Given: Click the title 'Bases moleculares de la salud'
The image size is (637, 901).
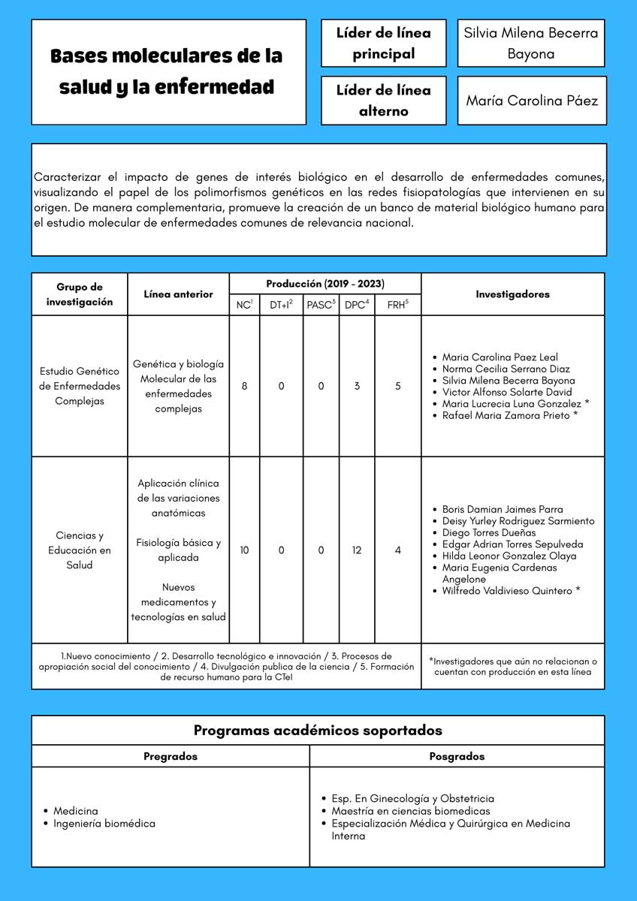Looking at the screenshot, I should pos(167,71).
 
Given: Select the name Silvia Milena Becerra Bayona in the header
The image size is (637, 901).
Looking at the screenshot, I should pos(530,44).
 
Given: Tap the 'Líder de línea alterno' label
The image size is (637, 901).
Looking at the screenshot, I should pos(383,101).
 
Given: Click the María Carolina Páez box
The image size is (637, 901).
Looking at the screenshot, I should pos(532,100).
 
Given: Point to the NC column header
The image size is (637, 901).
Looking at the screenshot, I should pos(244,304).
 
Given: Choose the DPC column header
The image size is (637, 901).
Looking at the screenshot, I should pos(356,304).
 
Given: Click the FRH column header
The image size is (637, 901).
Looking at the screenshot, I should pos(397,304).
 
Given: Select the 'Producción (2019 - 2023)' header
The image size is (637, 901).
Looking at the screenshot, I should pos(325,284).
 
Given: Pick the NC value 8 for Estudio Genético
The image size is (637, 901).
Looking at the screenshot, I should pos(244,386).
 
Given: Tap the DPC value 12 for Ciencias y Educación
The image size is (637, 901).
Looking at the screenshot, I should pos(356,550).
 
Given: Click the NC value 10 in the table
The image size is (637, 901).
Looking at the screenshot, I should pos(244,550).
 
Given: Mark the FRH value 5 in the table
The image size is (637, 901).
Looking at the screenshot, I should pos(397,386).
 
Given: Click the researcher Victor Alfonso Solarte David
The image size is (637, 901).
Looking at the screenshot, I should pos(507,392).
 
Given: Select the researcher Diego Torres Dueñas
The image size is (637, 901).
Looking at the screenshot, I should pos(489,532).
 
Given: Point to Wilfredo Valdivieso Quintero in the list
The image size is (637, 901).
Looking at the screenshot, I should pos(511,591).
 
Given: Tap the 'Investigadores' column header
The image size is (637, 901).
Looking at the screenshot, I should pos(512,294).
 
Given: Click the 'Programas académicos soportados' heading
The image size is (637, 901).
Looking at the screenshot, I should pos(318,730).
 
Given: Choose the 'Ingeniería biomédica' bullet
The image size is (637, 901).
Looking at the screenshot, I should pos(104,824).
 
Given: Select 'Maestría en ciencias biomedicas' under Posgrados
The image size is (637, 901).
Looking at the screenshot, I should pos(411,811).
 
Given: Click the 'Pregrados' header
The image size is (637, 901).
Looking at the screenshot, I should pos(171,756).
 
